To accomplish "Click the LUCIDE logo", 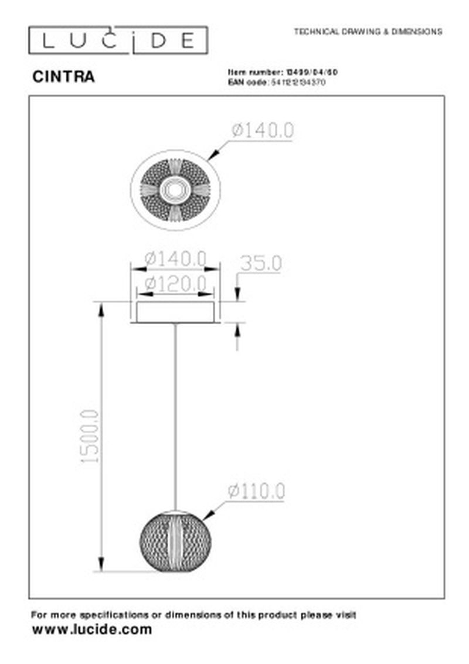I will tap(118, 40).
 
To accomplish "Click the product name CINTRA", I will tap(63, 77).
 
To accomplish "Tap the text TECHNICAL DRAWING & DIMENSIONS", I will tap(368, 32).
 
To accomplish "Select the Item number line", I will tap(283, 71).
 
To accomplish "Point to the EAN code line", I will tap(276, 83).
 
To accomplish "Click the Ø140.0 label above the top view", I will tap(262, 131).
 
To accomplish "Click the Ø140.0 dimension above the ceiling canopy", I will tap(175, 257).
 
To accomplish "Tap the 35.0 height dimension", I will tap(259, 263).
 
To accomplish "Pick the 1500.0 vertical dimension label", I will tap(90, 437).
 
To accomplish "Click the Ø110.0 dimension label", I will tap(256, 491).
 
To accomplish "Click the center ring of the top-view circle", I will tap(175, 189).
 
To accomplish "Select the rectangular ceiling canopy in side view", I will tap(175, 312).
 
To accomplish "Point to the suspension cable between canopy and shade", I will tap(175, 410).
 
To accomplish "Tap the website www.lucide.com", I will tap(91, 630).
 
